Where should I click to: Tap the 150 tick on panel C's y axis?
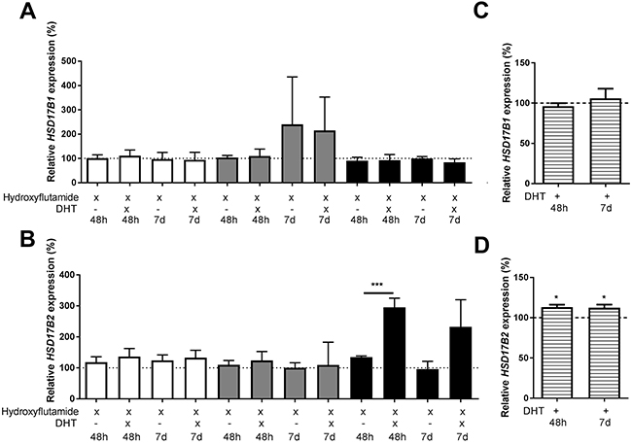530,63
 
